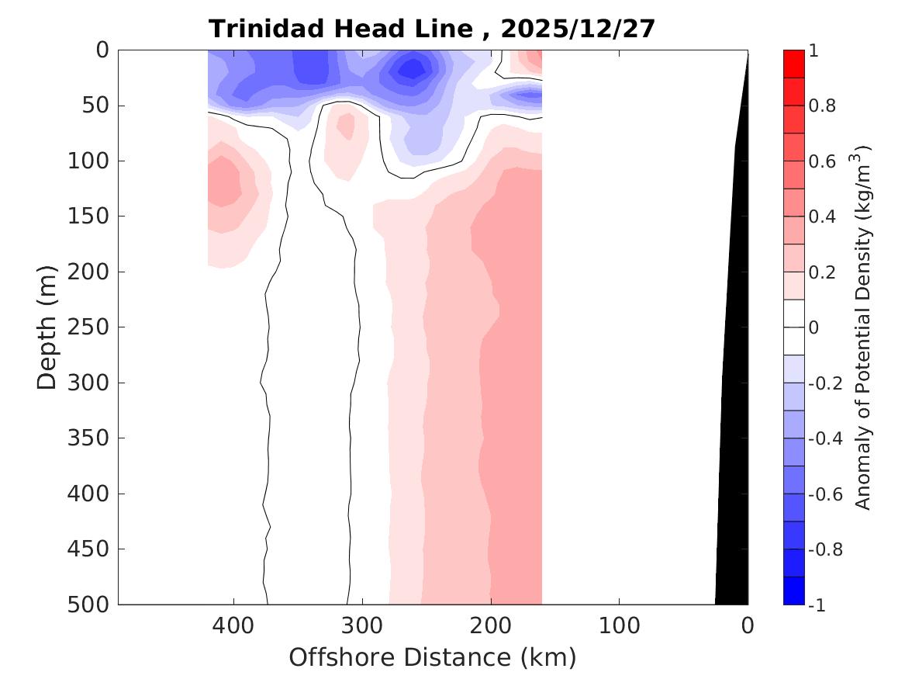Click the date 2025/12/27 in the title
(578, 29)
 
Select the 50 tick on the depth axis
(99, 106)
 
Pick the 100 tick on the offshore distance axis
(619, 625)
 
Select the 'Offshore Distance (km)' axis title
(433, 658)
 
